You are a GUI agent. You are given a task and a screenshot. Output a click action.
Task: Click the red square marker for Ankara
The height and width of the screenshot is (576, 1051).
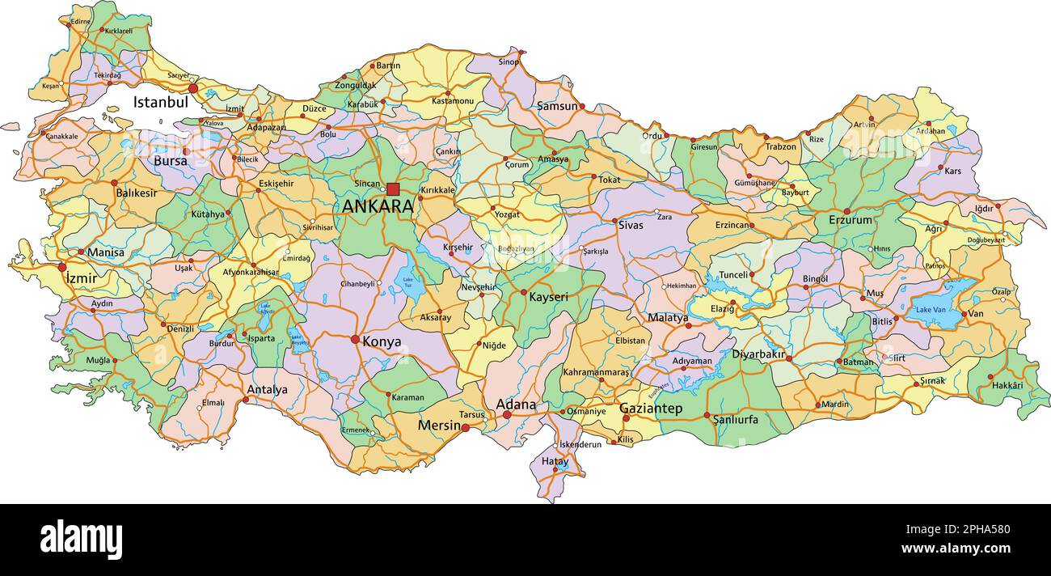(x=393, y=189)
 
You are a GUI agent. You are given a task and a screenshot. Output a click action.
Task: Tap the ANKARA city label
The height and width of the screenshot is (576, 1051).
(x=378, y=206)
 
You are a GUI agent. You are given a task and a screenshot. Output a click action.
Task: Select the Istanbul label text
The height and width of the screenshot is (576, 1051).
(x=160, y=103)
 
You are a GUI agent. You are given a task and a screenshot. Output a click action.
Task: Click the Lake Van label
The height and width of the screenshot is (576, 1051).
(x=931, y=310)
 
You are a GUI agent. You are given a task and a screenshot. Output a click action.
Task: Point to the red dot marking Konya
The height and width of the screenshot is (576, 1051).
(x=355, y=339)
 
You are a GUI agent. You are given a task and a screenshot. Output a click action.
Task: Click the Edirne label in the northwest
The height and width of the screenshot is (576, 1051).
(x=81, y=21)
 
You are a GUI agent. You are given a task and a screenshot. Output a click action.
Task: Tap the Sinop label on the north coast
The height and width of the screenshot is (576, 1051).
(x=509, y=61)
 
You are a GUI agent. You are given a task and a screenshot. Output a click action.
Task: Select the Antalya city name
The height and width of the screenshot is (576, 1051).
(x=267, y=390)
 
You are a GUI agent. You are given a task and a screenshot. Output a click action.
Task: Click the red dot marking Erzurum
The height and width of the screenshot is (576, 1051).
(x=846, y=211)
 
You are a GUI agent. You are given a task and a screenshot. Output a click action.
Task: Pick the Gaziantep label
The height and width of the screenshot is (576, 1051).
(x=651, y=409)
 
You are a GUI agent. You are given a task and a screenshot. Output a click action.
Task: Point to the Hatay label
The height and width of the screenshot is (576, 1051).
(x=555, y=461)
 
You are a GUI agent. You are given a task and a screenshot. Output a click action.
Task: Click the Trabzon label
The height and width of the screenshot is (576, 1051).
(x=780, y=147)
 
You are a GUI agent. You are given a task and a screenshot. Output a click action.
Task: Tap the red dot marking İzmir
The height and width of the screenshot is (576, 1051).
(x=62, y=266)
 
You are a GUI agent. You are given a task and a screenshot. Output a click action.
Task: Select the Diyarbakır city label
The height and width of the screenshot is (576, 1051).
(x=758, y=354)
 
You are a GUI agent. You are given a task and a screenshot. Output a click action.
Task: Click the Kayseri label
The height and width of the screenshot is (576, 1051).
(x=548, y=297)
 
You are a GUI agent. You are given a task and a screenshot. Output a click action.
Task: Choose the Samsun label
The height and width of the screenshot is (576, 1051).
(x=557, y=106)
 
